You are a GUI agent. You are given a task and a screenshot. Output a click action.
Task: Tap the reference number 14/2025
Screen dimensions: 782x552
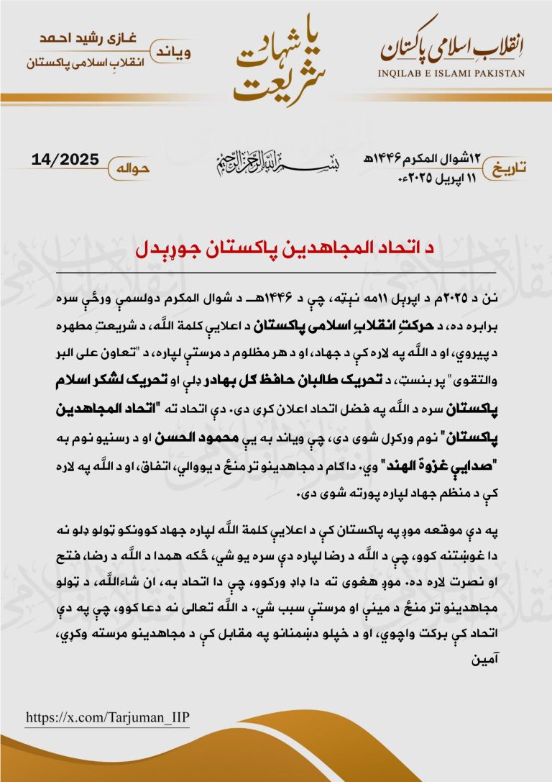(65, 159)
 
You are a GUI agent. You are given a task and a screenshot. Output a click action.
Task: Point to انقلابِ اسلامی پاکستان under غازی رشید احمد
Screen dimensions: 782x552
(78, 63)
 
